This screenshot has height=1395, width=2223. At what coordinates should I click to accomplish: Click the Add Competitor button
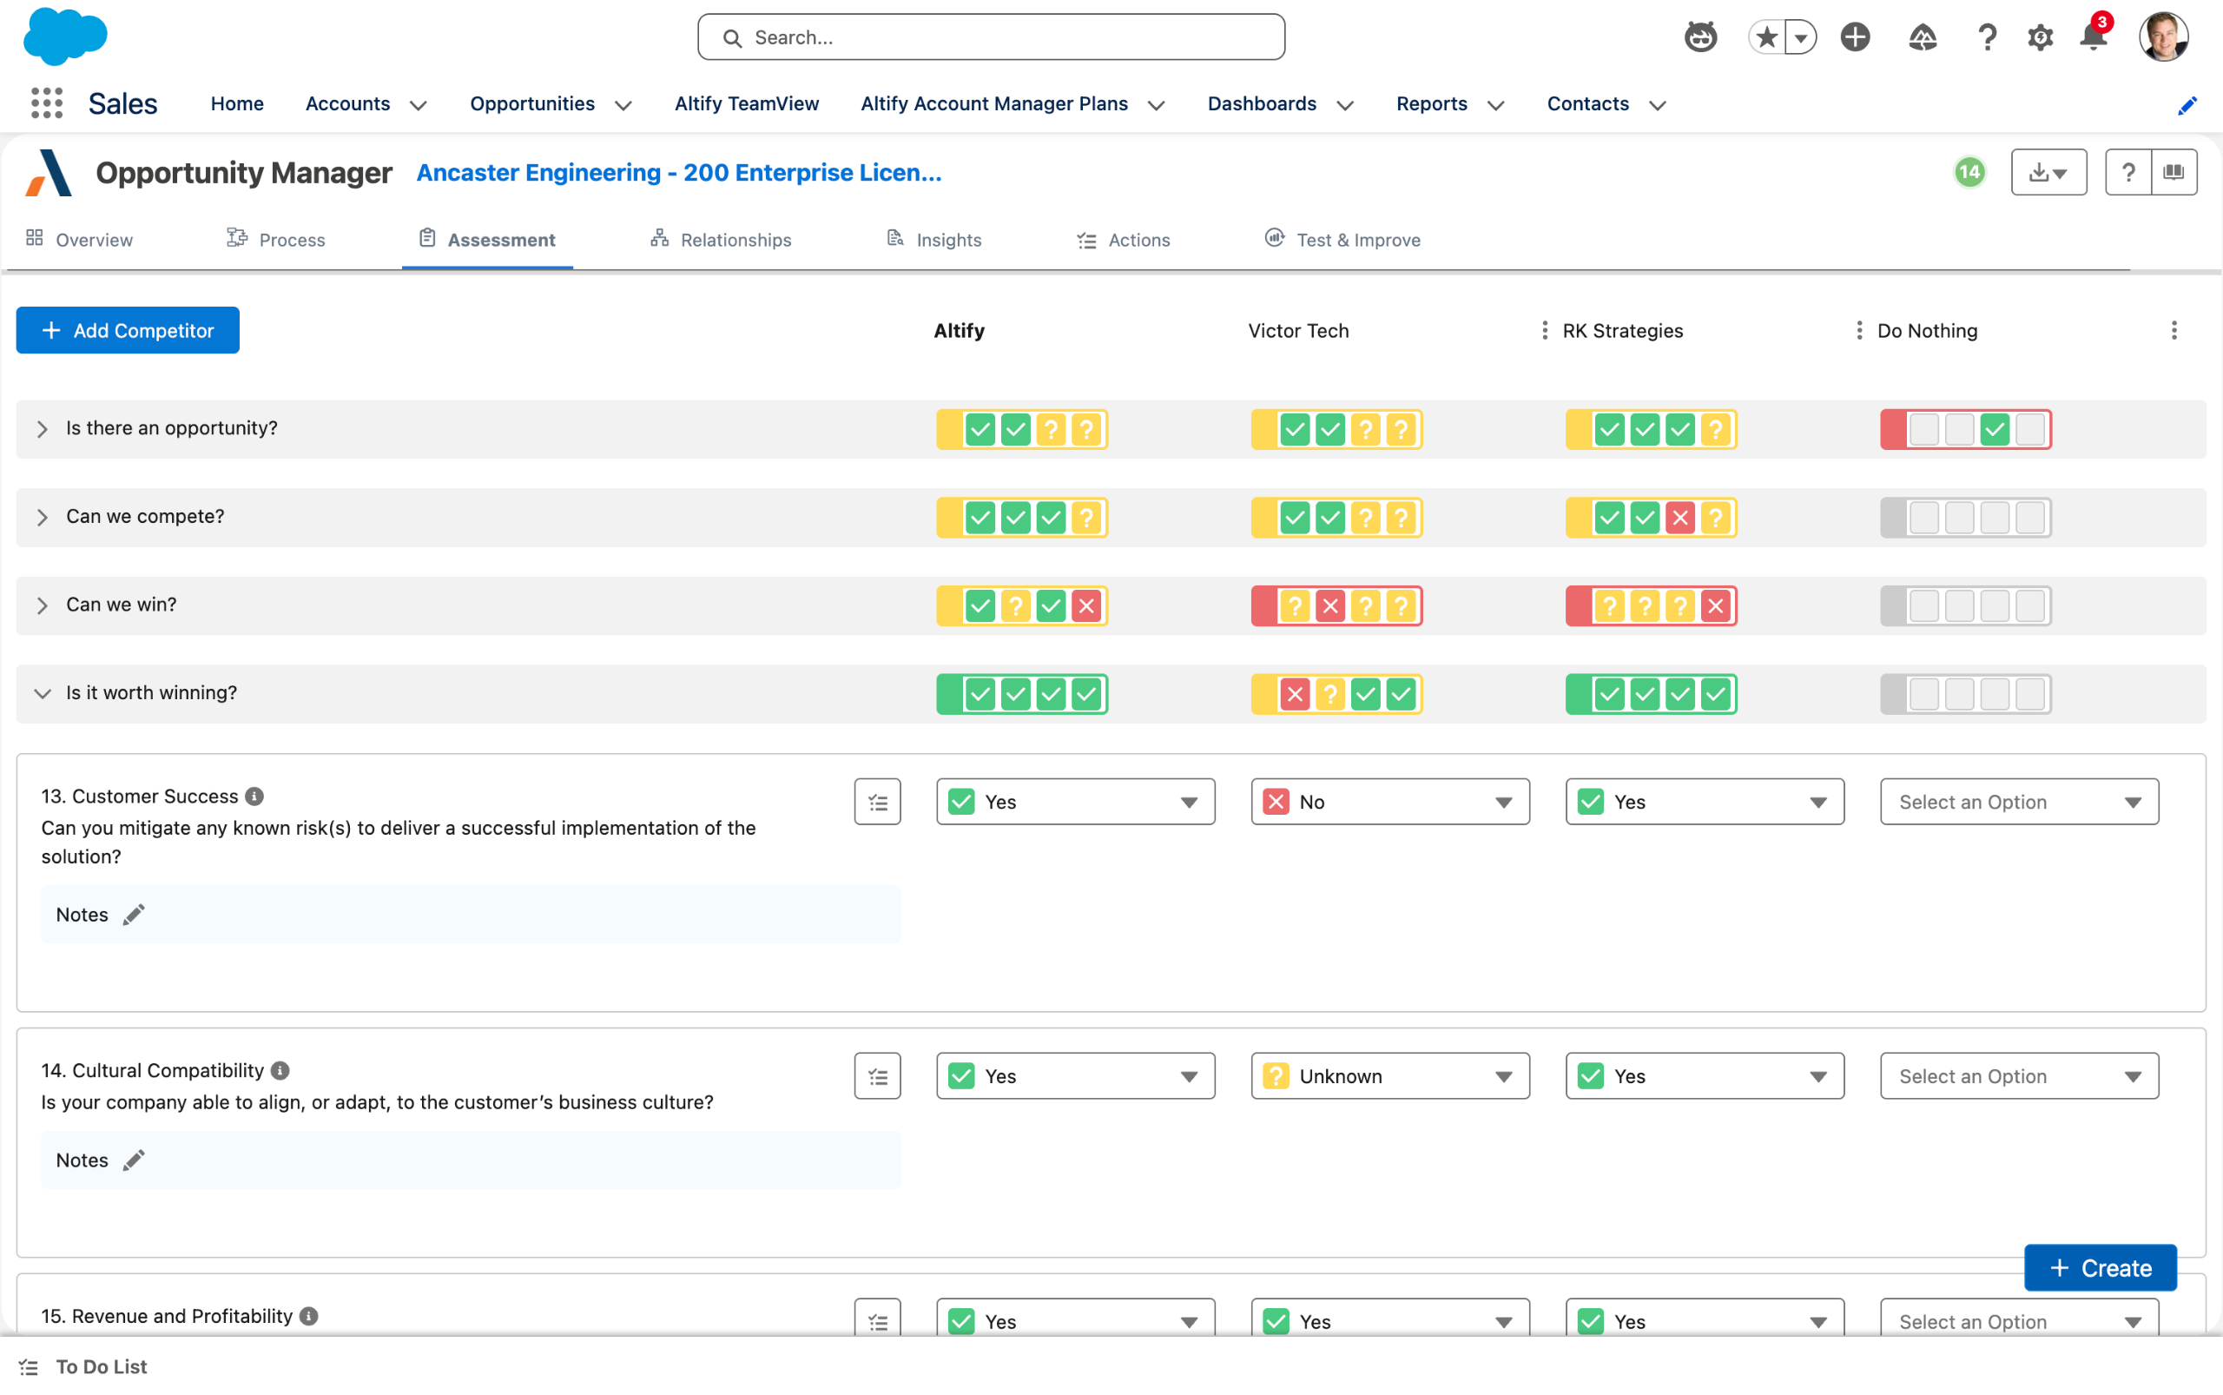point(128,330)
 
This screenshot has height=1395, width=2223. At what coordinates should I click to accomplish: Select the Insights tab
point(933,240)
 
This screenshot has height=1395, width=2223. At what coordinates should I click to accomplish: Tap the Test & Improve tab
point(1342,240)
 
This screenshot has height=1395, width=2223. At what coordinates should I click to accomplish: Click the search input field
point(991,36)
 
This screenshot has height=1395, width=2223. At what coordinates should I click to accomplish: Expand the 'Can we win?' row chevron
point(43,605)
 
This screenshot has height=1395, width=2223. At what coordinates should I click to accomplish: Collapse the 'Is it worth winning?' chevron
point(43,694)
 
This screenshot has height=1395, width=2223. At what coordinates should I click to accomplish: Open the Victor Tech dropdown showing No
point(1390,802)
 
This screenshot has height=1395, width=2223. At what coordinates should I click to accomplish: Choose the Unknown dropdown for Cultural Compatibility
point(1390,1075)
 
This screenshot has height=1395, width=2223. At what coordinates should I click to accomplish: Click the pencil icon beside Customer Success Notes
point(134,915)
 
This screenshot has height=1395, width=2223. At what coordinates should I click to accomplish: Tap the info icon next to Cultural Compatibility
point(280,1070)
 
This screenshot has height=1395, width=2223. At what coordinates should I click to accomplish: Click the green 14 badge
point(1969,173)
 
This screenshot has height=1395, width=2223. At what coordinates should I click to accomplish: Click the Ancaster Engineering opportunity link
point(679,173)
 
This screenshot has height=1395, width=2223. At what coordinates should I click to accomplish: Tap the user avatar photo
point(2163,36)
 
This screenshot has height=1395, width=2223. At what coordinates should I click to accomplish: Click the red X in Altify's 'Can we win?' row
point(1086,606)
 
